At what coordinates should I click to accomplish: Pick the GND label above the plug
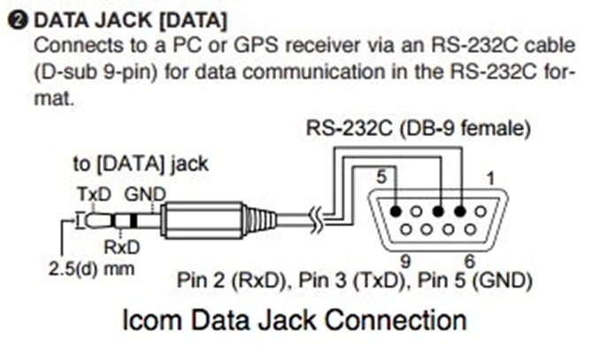[141, 193]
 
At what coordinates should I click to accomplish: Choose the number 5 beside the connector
[383, 178]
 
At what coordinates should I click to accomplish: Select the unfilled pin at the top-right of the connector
[481, 211]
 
